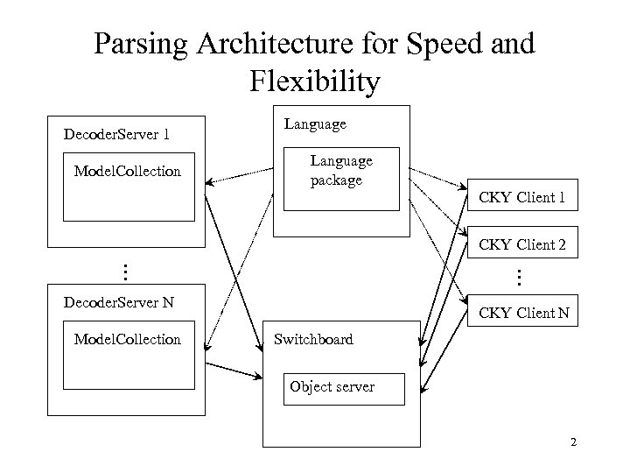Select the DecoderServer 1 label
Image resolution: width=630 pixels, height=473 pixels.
coord(117,135)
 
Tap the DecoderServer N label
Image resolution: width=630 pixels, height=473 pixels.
coord(119,303)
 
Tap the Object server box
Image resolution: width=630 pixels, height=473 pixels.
coord(346,388)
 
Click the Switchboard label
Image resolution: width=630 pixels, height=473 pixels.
coord(313,339)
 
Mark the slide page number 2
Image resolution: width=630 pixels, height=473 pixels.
coord(573,441)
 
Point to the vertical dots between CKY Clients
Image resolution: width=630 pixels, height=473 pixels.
coord(518,278)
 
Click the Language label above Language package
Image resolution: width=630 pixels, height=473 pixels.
coord(315,124)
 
